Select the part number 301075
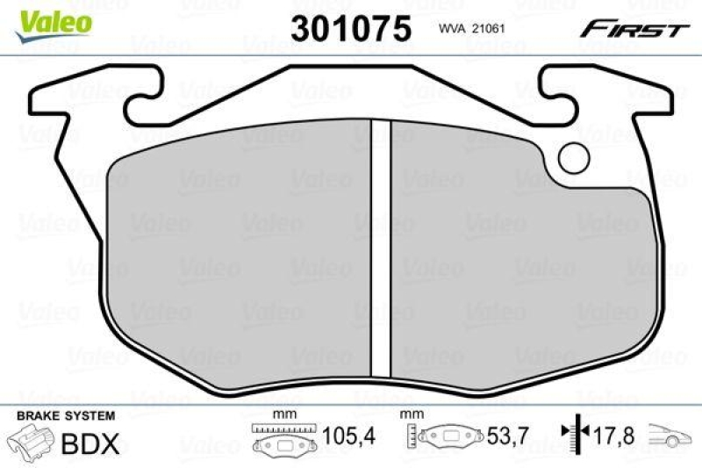(351, 29)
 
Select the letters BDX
(90, 443)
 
